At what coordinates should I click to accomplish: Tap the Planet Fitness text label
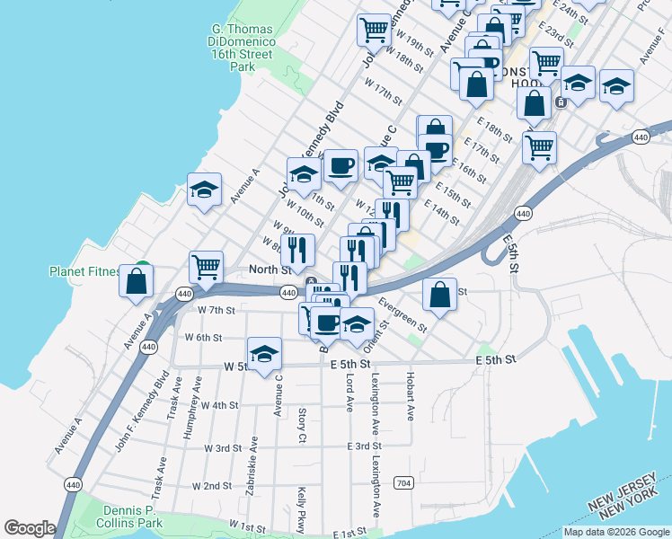pos(86,270)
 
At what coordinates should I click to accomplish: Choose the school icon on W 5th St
pos(264,353)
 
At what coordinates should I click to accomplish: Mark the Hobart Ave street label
pos(409,396)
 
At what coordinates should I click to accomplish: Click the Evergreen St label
pos(402,314)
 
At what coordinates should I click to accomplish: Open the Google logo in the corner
pos(30,527)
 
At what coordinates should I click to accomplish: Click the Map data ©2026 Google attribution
pos(616,532)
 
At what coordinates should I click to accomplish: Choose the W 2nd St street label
pos(212,486)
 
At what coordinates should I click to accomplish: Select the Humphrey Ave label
pos(189,417)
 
